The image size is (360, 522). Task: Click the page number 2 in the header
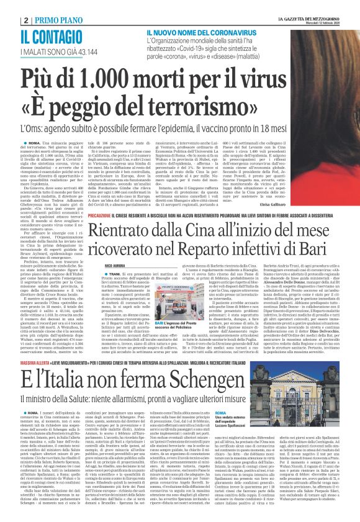point(7,6)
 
